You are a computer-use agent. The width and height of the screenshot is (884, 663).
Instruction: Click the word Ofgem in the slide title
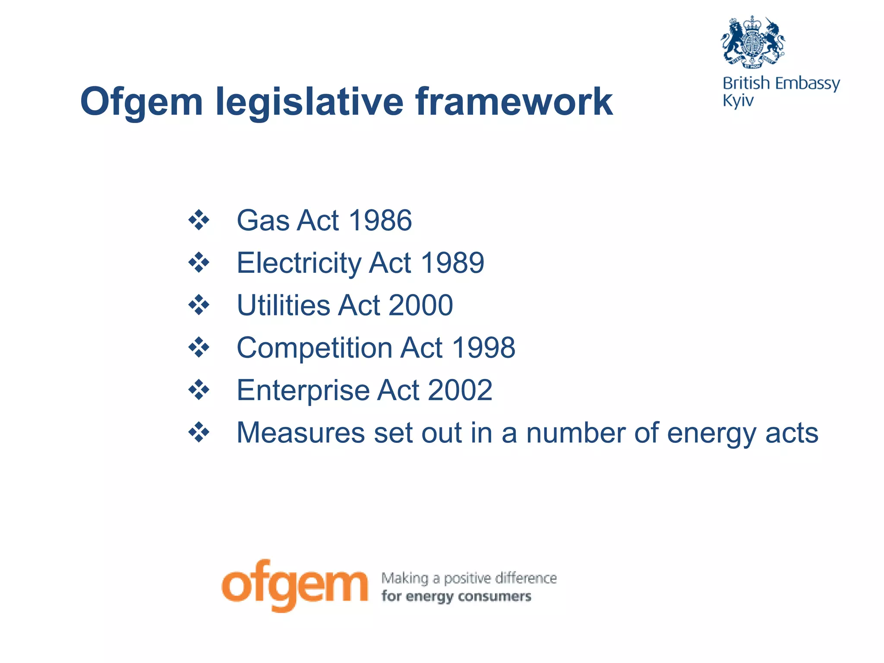(141, 102)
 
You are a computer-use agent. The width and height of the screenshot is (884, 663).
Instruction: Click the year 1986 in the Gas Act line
(380, 220)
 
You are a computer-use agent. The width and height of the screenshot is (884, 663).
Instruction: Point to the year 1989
(452, 262)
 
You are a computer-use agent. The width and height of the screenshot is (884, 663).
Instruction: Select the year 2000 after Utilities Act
(421, 305)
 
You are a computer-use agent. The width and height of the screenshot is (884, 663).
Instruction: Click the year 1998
(483, 347)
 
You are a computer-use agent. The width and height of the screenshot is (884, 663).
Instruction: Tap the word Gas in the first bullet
(263, 220)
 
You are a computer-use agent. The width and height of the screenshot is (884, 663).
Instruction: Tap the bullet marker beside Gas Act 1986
(199, 220)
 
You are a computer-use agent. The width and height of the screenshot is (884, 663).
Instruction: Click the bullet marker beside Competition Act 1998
(199, 347)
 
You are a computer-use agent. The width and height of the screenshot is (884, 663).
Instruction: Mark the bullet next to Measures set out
(199, 433)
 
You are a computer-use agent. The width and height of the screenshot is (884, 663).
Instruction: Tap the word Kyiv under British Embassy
(738, 101)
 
